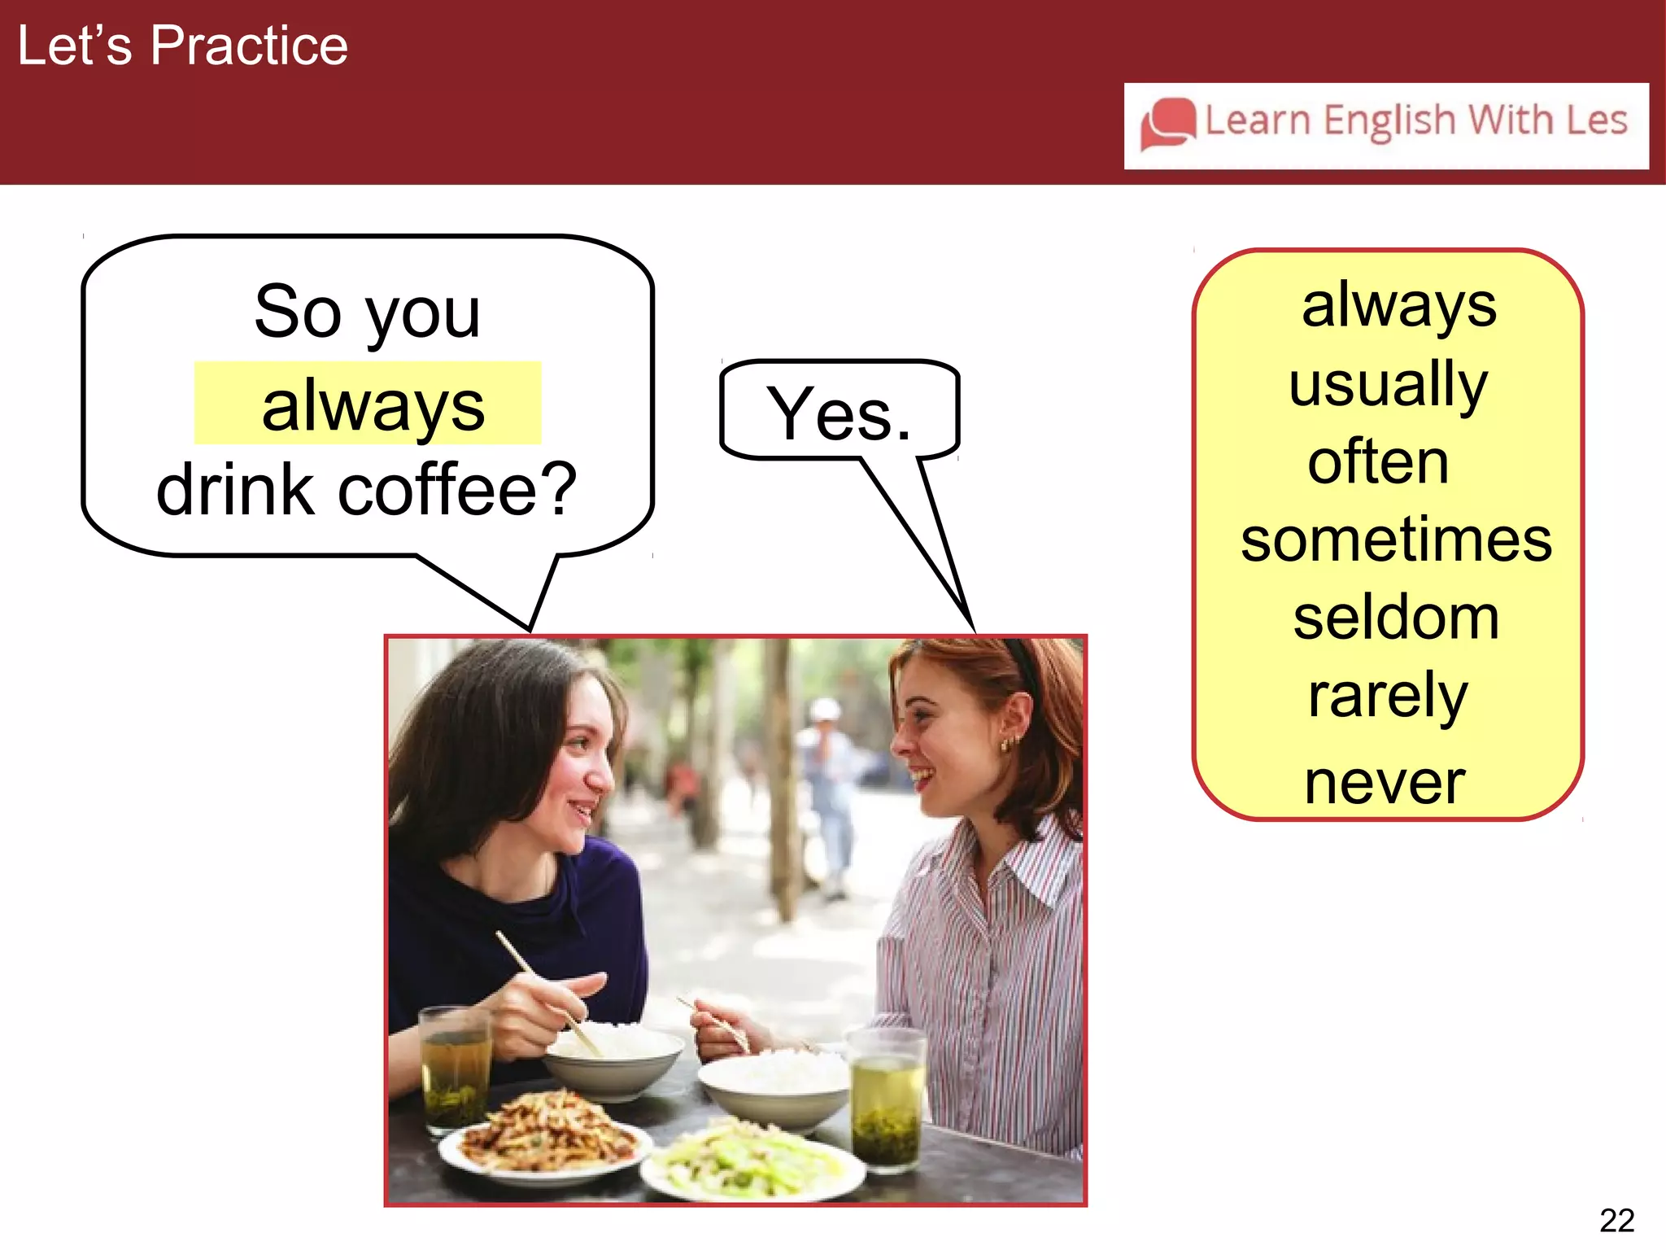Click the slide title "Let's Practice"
182,46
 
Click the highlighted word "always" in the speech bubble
373,405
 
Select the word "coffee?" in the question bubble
457,490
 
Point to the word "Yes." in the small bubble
839,415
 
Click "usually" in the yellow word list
1388,384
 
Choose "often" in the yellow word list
1378,461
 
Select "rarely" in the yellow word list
1388,696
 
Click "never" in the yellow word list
1385,782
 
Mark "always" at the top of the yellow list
1398,306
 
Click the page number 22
1616,1220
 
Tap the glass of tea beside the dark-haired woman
455,1066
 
